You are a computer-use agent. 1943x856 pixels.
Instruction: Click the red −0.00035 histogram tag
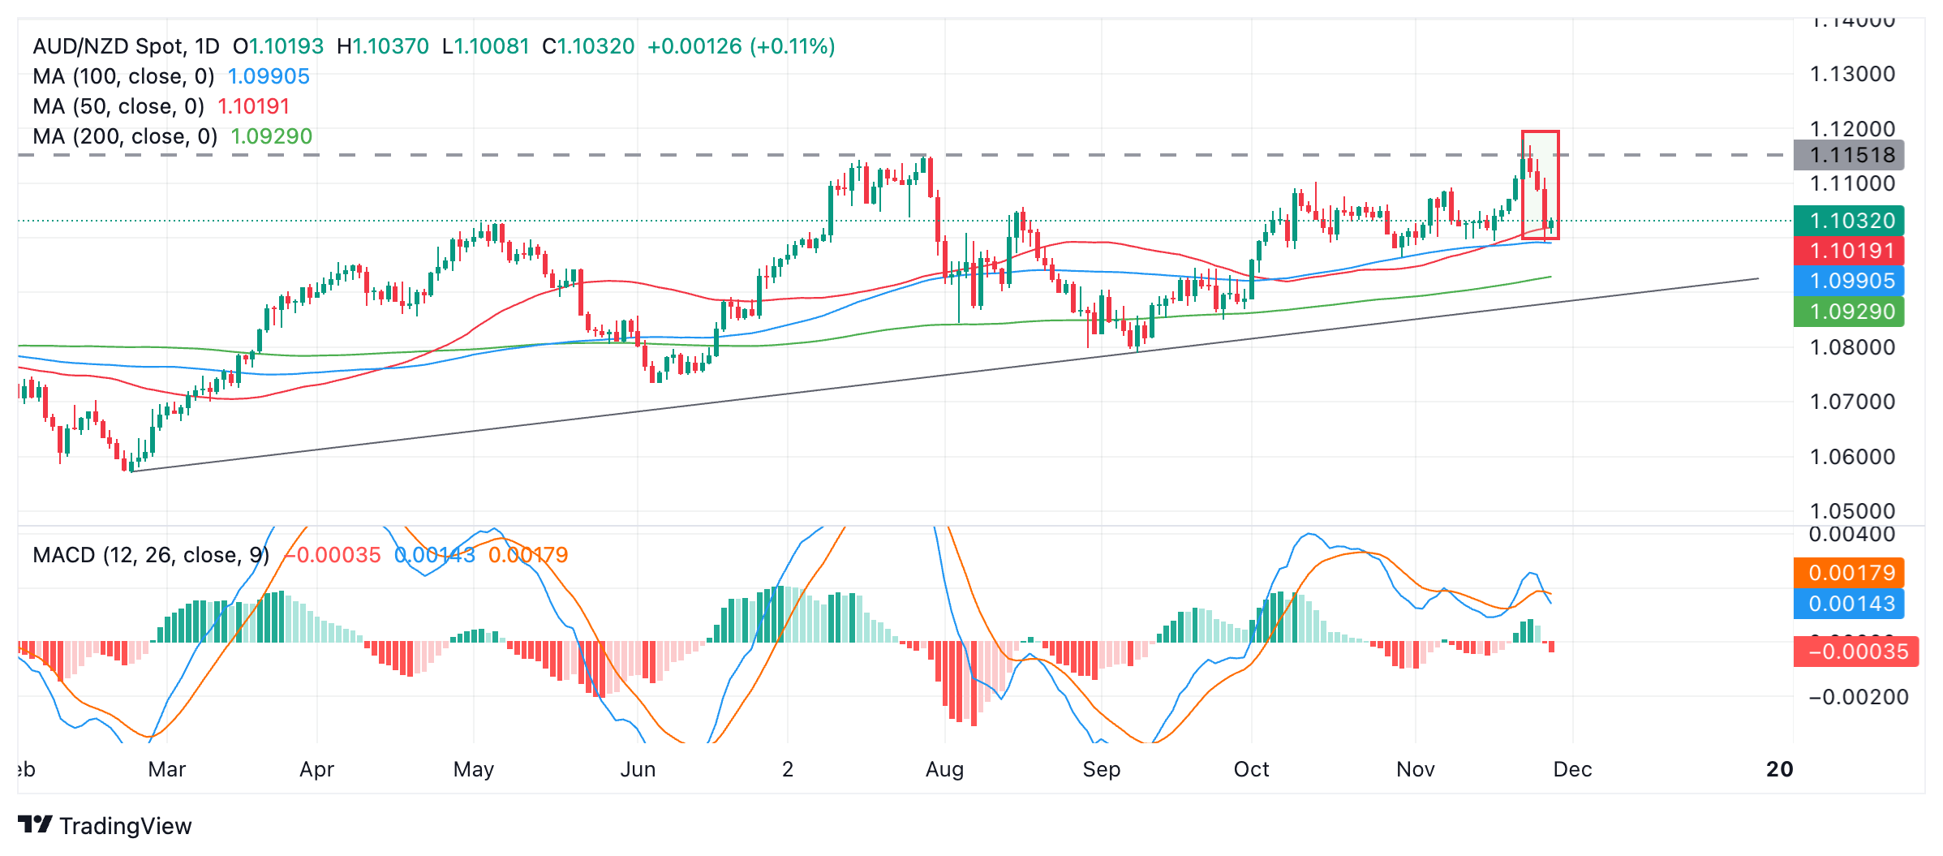point(1855,652)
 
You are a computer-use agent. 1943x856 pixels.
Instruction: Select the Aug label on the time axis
point(944,769)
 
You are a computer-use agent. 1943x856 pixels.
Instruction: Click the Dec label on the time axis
point(1572,769)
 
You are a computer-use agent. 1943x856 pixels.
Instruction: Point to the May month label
point(474,769)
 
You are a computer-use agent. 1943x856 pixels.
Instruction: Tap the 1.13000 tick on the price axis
point(1852,74)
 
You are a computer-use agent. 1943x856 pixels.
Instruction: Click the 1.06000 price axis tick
point(1852,457)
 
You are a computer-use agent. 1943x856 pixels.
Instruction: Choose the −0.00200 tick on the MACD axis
point(1858,697)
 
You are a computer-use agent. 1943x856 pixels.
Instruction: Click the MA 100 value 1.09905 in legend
point(269,76)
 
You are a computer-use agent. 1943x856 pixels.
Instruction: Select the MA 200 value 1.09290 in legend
point(271,136)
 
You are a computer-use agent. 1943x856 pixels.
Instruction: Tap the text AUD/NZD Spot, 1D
point(126,46)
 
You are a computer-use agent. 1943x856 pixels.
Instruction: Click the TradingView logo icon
point(35,825)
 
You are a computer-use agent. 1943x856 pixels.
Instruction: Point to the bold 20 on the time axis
point(1779,769)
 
